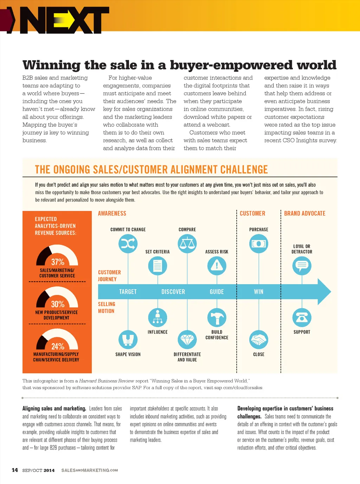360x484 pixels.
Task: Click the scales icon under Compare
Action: click(x=187, y=243)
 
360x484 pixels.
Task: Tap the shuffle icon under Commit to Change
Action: click(x=128, y=243)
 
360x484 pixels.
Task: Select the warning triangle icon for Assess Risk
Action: click(x=217, y=266)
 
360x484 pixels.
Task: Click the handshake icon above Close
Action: click(x=258, y=340)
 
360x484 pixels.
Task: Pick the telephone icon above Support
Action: click(x=302, y=318)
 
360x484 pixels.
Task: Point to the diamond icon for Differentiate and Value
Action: click(x=187, y=340)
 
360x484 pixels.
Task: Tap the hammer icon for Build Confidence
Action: click(x=217, y=318)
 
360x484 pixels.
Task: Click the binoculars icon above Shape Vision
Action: click(x=128, y=340)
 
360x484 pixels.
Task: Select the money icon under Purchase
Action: click(x=258, y=243)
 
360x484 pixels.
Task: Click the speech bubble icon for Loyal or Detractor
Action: click(x=302, y=266)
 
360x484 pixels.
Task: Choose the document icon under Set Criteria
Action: click(x=157, y=266)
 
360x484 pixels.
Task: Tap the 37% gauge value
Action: click(x=58, y=262)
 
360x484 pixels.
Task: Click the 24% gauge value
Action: click(x=58, y=346)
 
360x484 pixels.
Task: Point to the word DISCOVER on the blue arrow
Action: click(x=173, y=292)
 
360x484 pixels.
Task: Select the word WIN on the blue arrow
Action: click(x=258, y=292)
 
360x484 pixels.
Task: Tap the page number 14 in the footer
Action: click(x=15, y=470)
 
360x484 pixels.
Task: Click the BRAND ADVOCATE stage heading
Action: click(x=304, y=214)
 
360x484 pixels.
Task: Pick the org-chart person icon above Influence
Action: click(x=157, y=318)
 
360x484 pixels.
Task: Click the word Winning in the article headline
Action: click(x=52, y=65)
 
